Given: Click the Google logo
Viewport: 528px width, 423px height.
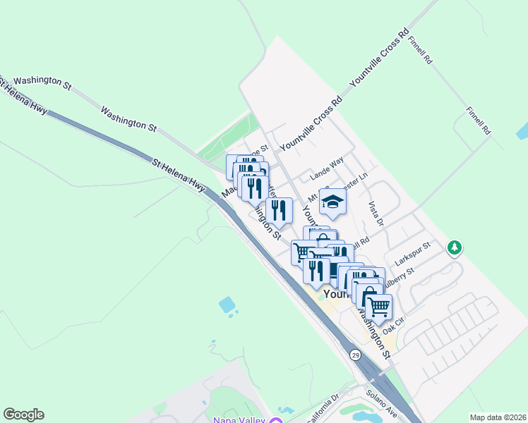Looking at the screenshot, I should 23,415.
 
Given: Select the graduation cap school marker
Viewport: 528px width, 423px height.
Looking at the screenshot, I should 332,203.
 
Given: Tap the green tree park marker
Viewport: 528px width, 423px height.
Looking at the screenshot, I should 455,247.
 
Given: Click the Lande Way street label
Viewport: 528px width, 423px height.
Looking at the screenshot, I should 327,171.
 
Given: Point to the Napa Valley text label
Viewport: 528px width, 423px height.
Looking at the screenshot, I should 236,419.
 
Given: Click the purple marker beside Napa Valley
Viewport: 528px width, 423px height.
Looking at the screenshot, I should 274,420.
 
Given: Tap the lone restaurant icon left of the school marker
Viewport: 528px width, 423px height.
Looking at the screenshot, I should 280,209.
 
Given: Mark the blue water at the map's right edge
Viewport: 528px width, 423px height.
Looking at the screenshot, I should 522,131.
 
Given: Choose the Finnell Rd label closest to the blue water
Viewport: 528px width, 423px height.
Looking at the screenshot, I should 477,121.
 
